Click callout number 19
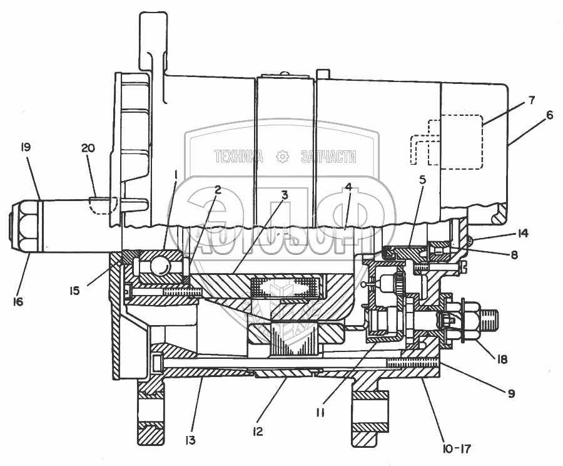click(x=26, y=148)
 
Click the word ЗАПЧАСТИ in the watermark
click(x=328, y=157)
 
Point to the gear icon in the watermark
click(x=283, y=157)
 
